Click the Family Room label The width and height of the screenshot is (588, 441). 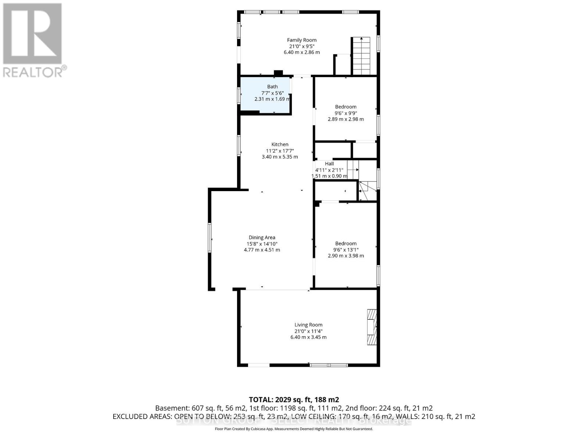click(x=302, y=40)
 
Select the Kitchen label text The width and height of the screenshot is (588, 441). click(x=280, y=144)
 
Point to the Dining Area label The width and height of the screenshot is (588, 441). click(x=262, y=237)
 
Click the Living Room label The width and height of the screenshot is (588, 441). click(x=308, y=325)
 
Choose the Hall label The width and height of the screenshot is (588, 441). click(x=329, y=164)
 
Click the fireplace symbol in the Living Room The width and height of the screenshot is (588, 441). click(x=372, y=327)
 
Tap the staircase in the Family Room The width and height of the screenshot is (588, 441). click(x=362, y=56)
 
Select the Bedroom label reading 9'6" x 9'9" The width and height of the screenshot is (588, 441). click(x=345, y=107)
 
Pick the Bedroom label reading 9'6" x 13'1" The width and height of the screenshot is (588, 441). click(x=345, y=243)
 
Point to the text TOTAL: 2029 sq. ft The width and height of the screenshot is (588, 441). click(x=294, y=399)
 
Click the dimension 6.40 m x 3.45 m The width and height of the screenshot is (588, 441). click(x=308, y=337)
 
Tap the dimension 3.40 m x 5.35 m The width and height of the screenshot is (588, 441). click(x=280, y=157)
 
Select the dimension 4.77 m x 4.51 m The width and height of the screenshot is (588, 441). click(x=262, y=250)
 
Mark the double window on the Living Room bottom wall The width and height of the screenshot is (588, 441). click(x=329, y=365)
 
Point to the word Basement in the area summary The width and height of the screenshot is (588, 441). click(x=171, y=408)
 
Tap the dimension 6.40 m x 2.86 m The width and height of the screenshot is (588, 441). click(x=302, y=53)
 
